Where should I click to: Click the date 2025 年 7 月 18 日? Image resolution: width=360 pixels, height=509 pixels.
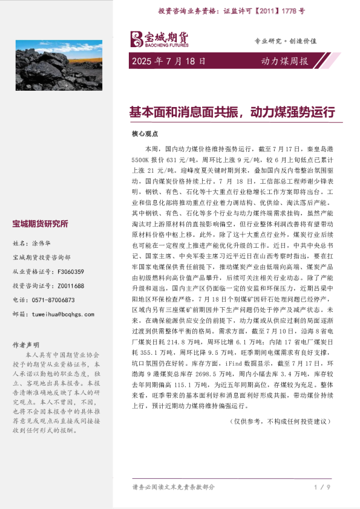click(x=168, y=61)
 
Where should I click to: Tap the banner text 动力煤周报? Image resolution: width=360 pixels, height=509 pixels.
click(x=284, y=61)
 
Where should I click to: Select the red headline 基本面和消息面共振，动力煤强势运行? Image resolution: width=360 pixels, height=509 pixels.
click(x=232, y=112)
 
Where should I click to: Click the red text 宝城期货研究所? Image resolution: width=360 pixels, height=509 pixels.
click(x=41, y=224)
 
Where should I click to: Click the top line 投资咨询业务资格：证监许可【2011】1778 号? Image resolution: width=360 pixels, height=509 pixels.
click(x=232, y=11)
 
